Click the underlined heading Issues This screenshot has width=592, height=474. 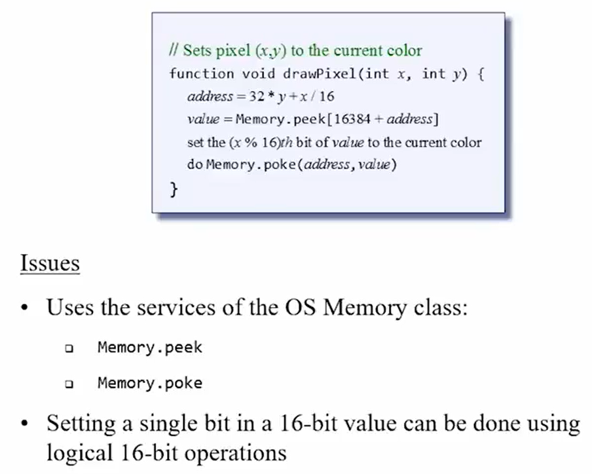tap(50, 263)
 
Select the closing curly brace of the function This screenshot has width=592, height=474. tap(174, 190)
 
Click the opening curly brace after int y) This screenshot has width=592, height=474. tap(481, 73)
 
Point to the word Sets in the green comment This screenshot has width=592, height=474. tap(196, 50)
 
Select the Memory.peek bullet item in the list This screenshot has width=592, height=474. tap(150, 347)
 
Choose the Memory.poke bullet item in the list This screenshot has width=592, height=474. tap(150, 382)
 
